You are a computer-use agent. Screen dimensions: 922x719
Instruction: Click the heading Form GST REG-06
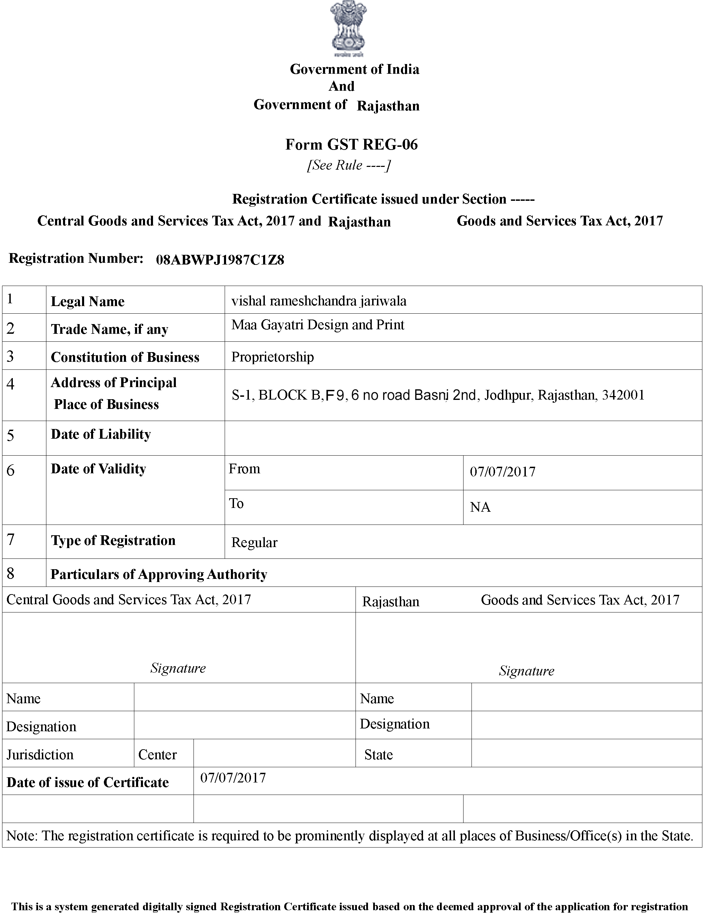(x=351, y=145)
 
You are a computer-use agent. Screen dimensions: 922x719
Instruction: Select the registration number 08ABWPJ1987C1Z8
(x=220, y=260)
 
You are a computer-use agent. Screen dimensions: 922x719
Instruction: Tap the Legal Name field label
(x=87, y=302)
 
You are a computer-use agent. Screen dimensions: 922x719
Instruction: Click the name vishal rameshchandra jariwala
(x=319, y=301)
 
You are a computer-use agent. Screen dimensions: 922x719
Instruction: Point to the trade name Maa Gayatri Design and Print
(x=317, y=325)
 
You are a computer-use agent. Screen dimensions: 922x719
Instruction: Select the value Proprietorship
(x=272, y=357)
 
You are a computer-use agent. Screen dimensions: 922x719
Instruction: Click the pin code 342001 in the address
(x=623, y=395)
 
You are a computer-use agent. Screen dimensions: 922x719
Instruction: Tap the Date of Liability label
(x=100, y=435)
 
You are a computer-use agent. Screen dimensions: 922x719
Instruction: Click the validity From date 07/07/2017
(x=502, y=472)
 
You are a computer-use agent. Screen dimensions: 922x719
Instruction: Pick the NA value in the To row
(x=480, y=507)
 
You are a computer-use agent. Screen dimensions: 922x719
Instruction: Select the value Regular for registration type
(x=254, y=543)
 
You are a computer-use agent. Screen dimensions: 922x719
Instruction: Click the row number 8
(x=10, y=573)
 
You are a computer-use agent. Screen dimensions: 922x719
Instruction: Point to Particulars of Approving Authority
(x=159, y=574)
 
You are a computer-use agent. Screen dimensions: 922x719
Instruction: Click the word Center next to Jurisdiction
(x=157, y=754)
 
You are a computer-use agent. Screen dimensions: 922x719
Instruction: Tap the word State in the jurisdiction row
(x=378, y=754)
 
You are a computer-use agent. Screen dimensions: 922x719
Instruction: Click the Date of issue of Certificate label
(x=88, y=782)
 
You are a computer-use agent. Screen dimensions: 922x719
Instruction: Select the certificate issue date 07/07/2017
(x=233, y=778)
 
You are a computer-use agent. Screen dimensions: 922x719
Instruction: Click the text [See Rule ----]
(x=349, y=165)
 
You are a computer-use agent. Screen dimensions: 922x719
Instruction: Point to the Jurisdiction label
(x=40, y=754)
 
